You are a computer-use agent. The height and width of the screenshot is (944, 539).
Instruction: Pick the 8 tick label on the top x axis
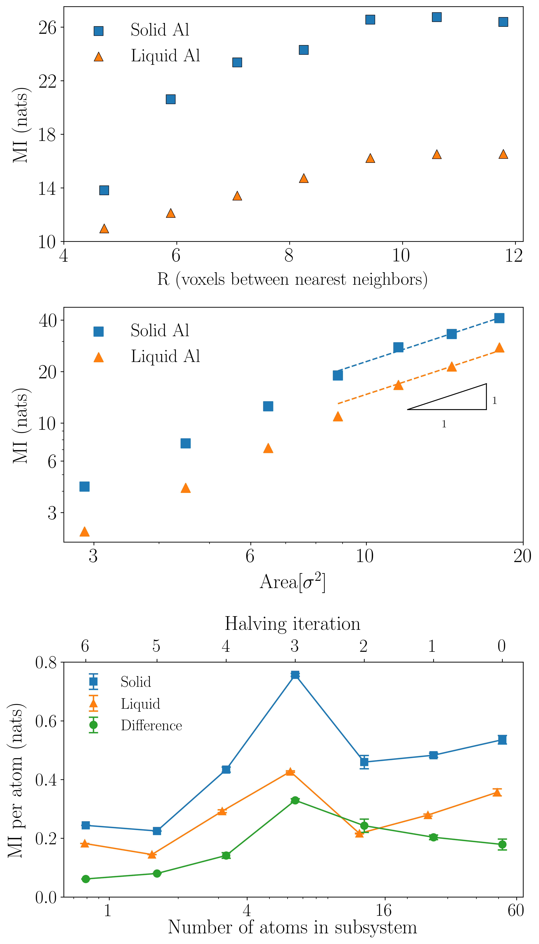[x=289, y=256]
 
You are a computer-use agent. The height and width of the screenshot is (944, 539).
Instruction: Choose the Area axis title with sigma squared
[x=292, y=581]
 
